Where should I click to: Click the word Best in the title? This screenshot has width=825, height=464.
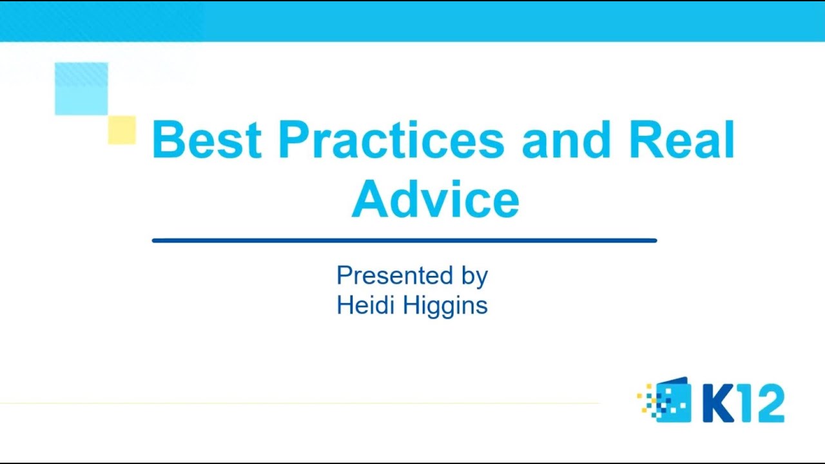206,140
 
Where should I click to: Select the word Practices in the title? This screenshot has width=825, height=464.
391,140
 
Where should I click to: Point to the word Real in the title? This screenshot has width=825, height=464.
681,140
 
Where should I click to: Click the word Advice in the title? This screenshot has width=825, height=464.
435,200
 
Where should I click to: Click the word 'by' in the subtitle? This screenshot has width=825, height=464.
474,277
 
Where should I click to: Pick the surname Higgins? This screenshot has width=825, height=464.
445,306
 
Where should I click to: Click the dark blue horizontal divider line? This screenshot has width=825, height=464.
404,240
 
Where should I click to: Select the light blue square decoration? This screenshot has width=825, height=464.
81,89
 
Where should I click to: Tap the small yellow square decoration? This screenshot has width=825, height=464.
122,130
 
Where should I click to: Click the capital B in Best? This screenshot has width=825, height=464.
166,140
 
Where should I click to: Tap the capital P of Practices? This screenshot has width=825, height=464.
293,140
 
